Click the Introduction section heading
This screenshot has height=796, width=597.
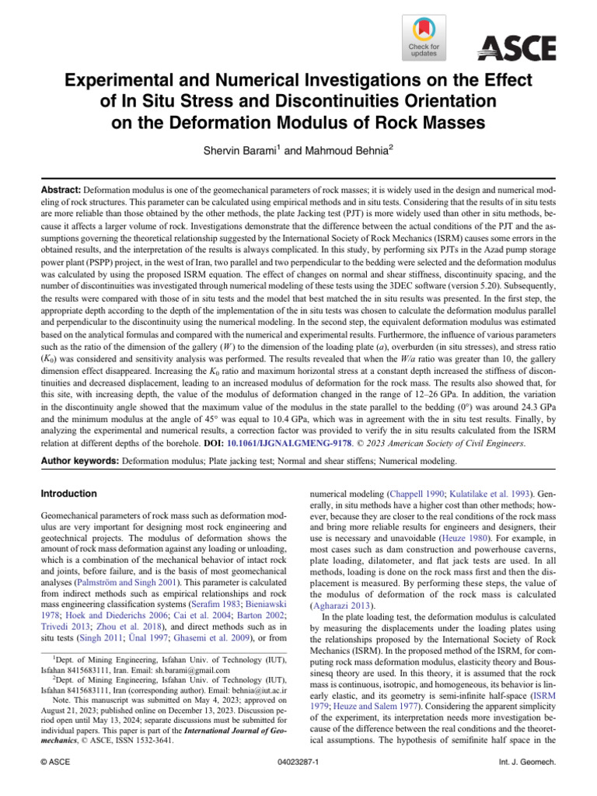pyautogui.click(x=69, y=494)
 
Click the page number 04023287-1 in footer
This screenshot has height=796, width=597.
pyautogui.click(x=298, y=778)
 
